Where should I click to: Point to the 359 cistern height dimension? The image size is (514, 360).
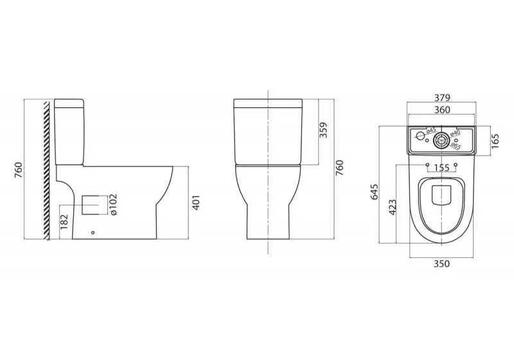pyautogui.click(x=327, y=131)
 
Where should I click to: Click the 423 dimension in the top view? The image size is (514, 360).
pyautogui.click(x=393, y=207)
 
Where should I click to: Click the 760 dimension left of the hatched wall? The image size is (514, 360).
pyautogui.click(x=19, y=170)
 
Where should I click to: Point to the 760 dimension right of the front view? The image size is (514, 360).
pyautogui.click(x=341, y=166)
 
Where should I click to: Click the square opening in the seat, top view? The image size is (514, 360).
pyautogui.click(x=441, y=195)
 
